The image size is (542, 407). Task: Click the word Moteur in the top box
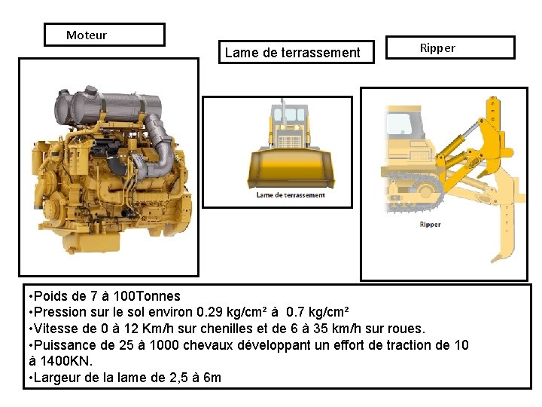(x=87, y=35)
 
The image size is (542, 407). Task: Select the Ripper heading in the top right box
(x=437, y=48)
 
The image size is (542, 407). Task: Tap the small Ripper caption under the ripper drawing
(x=430, y=225)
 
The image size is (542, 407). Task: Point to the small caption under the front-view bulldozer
(x=291, y=195)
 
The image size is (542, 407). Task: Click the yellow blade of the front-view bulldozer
(x=291, y=169)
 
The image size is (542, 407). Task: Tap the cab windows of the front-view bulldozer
(x=289, y=115)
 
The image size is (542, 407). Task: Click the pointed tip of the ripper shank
(x=493, y=261)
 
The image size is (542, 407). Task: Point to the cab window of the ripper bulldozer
(x=399, y=124)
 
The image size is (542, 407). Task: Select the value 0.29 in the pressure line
(x=209, y=312)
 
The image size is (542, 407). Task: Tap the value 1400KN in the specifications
(x=66, y=361)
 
